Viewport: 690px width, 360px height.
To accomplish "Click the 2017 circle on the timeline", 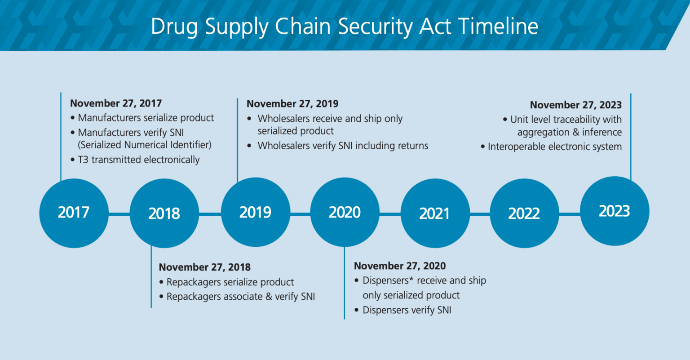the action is pyautogui.click(x=74, y=213).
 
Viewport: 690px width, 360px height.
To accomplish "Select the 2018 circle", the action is pyautogui.click(x=164, y=213).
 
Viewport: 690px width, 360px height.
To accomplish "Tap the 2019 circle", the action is pyautogui.click(x=256, y=212).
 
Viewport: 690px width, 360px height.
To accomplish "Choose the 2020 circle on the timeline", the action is pyautogui.click(x=345, y=212).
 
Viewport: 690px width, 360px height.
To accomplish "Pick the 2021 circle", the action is pyautogui.click(x=435, y=213).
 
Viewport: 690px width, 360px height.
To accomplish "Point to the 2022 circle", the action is pyautogui.click(x=524, y=213).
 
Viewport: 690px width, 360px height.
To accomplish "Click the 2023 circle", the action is pyautogui.click(x=615, y=211).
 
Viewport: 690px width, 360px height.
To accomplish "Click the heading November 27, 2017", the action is pyautogui.click(x=116, y=103).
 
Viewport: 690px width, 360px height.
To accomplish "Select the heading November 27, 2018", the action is pyautogui.click(x=204, y=267).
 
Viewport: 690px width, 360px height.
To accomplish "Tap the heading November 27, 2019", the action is pyautogui.click(x=292, y=104).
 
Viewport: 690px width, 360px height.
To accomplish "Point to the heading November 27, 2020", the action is pyautogui.click(x=400, y=266).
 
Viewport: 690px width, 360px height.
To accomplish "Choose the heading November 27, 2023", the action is pyautogui.click(x=576, y=105).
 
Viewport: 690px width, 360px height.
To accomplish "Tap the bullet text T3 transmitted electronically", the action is pyautogui.click(x=139, y=160).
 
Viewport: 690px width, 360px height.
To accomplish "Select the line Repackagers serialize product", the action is pyautogui.click(x=230, y=282).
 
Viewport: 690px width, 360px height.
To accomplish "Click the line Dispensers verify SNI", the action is pyautogui.click(x=407, y=310).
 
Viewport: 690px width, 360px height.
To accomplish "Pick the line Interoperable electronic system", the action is pyautogui.click(x=555, y=147).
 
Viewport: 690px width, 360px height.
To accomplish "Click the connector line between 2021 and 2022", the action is pyautogui.click(x=480, y=214).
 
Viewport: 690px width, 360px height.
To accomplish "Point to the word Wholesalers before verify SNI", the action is pyautogui.click(x=284, y=146).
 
